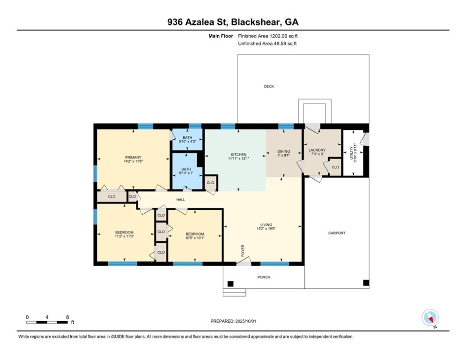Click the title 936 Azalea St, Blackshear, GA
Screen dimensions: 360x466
coord(233,22)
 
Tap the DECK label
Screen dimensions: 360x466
coord(268,86)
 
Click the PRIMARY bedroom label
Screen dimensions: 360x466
coord(133,157)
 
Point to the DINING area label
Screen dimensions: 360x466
coord(284,151)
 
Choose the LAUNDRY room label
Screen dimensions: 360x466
coord(317,150)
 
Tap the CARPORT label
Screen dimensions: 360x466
coord(336,233)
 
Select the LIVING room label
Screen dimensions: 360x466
coord(266,225)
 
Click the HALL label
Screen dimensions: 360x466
coord(180,200)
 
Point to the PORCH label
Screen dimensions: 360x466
coord(264,277)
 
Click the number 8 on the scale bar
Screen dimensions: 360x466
coord(67,317)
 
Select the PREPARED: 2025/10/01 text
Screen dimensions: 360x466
coord(234,321)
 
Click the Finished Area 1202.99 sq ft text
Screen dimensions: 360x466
coord(268,36)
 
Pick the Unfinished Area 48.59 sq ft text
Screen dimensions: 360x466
coord(267,43)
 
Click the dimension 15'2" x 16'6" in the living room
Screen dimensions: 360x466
coord(266,229)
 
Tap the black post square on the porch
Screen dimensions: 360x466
coord(230,283)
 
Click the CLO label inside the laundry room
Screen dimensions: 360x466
coord(335,167)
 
